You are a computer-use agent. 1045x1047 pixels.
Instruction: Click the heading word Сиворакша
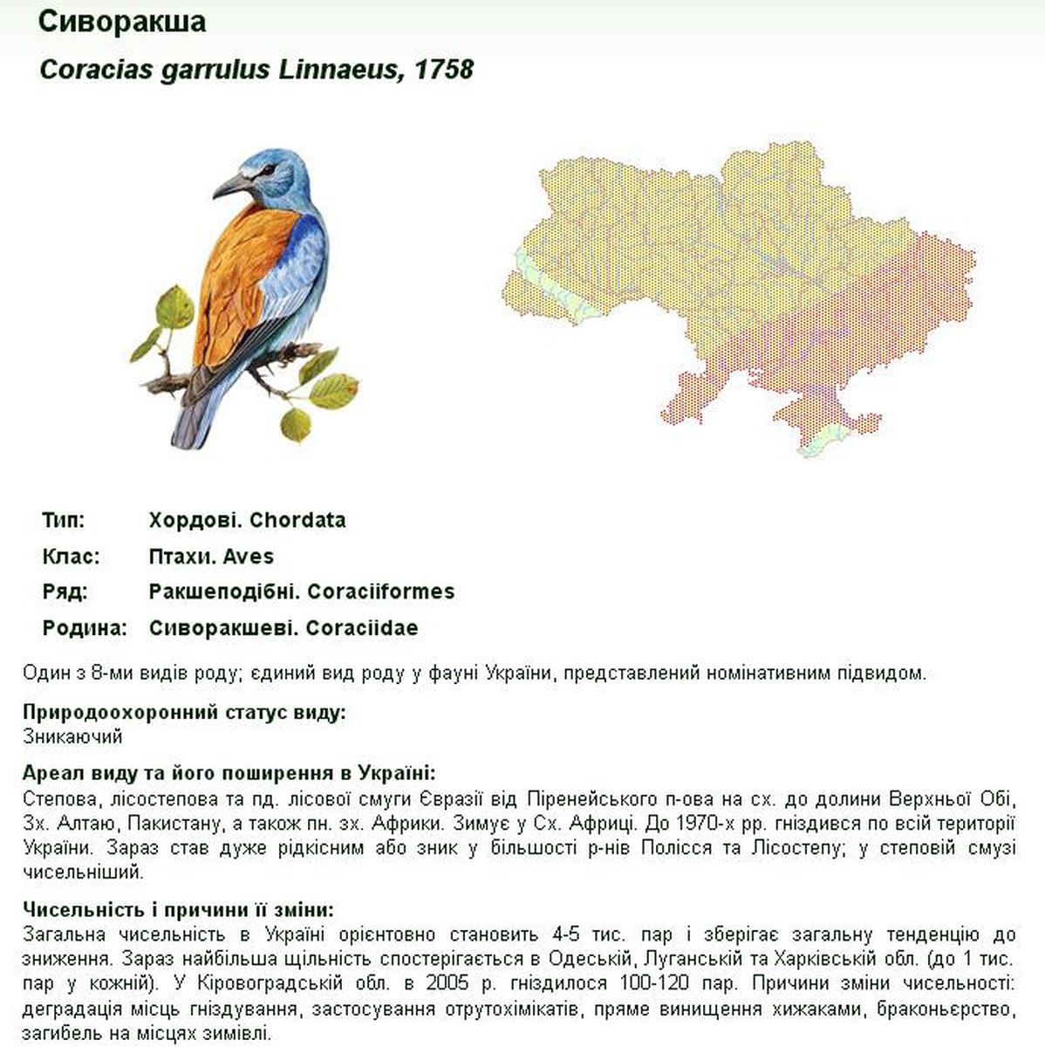(122, 22)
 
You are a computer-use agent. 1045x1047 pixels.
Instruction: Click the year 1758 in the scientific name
(444, 70)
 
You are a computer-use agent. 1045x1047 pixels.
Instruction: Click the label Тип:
(64, 521)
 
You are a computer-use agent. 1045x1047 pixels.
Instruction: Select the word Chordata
(297, 521)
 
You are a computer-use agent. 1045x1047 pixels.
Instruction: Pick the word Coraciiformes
(380, 592)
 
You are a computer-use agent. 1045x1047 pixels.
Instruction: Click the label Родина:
(85, 628)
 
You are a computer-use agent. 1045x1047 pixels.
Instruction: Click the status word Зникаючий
(72, 736)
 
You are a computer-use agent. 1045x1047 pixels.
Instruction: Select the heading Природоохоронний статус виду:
(185, 712)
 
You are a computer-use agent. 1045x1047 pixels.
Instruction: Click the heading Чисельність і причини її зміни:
(179, 909)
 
